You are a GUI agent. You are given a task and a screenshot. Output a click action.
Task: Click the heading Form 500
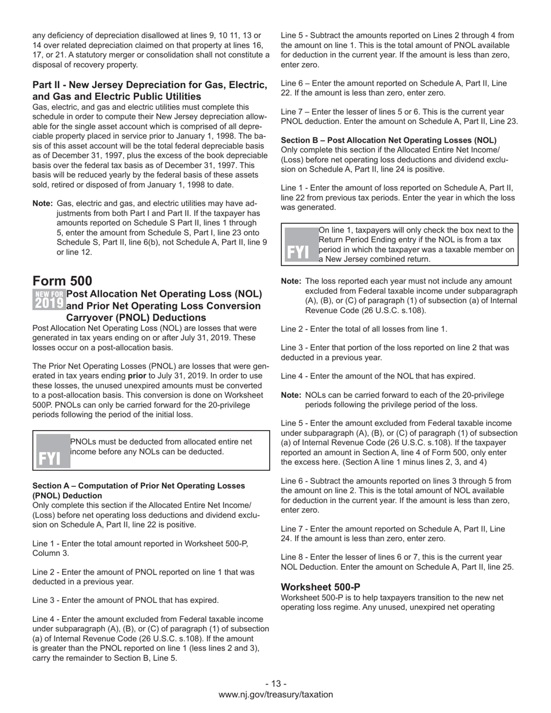click(62, 281)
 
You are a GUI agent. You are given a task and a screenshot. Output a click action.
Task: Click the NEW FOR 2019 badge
click(49, 299)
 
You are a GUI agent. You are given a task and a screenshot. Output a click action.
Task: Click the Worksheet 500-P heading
click(320, 587)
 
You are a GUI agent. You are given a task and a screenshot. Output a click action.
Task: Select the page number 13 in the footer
click(275, 683)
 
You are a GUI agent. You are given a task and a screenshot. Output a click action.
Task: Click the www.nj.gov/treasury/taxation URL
click(275, 694)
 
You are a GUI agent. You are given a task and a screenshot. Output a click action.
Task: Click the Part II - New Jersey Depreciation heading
click(150, 90)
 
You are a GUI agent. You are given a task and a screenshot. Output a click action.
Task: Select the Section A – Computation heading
click(139, 490)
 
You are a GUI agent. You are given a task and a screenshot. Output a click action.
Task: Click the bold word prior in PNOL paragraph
click(136, 376)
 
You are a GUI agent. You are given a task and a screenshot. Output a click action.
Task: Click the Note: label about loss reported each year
click(291, 281)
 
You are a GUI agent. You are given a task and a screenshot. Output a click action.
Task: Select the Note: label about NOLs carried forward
click(291, 395)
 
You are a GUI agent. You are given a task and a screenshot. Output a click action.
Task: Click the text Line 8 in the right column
click(293, 556)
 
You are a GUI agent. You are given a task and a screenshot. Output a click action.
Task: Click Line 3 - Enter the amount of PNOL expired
click(125, 600)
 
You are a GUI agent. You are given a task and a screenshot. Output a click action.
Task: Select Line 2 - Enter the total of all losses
click(364, 329)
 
